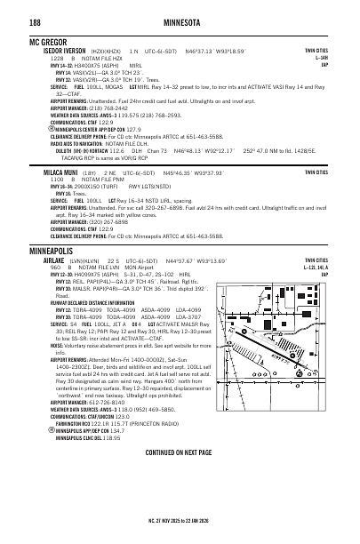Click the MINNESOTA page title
coord(180,25)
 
